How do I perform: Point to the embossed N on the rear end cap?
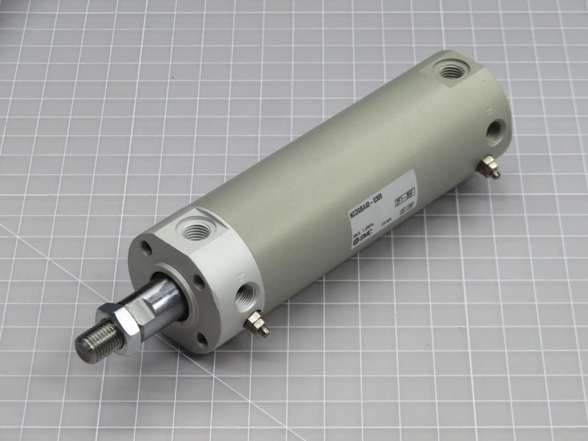(488, 110)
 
